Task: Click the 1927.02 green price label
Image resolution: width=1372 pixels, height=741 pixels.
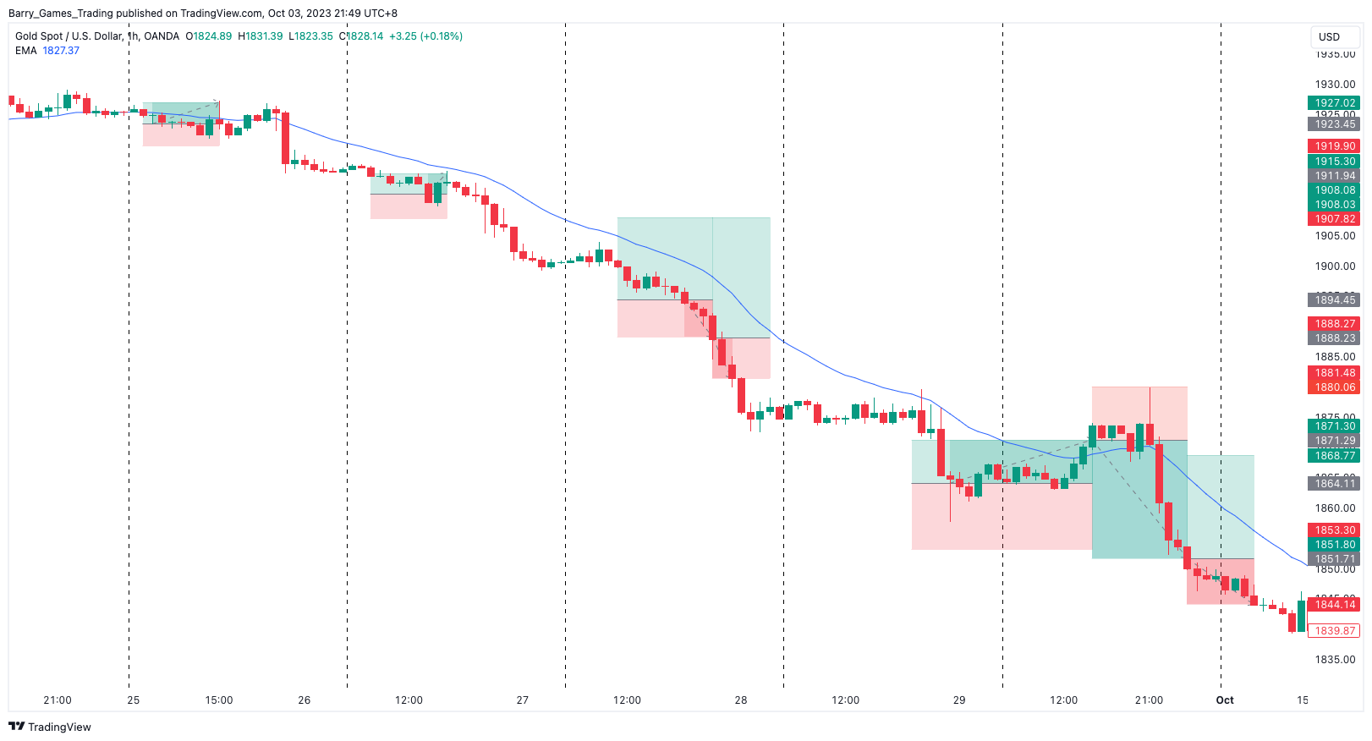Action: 1334,103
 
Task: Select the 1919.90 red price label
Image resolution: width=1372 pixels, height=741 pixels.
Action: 1334,146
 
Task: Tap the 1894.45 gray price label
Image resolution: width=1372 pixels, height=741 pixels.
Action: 1334,300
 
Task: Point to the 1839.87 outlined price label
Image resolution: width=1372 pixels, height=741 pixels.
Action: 1334,631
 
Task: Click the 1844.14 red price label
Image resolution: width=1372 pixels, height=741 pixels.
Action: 1334,604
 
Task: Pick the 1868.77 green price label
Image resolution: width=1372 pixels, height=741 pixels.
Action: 1334,456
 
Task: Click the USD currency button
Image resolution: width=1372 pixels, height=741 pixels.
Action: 1329,37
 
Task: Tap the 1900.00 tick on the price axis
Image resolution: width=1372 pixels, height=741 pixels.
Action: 1335,266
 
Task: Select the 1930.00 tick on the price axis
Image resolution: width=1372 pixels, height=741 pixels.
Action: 1335,85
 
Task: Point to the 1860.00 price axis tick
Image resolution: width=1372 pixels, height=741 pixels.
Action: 1335,508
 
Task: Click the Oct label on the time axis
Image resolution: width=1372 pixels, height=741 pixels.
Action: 1225,700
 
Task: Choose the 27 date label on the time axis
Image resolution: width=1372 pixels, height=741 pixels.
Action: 523,700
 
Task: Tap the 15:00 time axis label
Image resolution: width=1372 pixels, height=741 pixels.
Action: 219,700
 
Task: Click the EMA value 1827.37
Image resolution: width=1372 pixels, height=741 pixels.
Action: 61,51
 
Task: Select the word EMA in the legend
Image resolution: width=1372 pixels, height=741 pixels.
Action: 26,51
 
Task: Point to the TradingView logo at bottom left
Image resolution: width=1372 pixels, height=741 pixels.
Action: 50,727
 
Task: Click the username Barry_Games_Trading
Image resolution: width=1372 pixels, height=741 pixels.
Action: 60,14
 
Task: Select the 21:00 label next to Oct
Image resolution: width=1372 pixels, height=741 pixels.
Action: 1149,700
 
